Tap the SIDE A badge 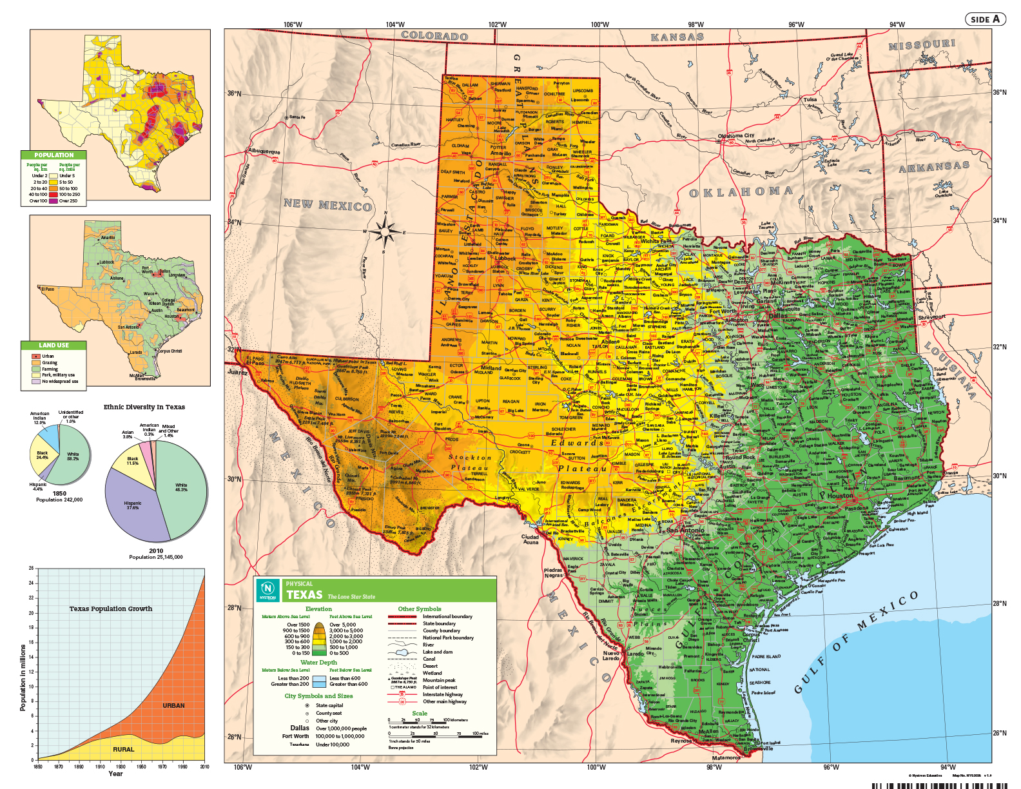coord(985,19)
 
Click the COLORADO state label coord(434,36)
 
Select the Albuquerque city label coord(264,152)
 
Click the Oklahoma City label coord(736,136)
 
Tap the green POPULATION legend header coord(53,155)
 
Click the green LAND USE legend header coord(53,345)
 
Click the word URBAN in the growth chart coord(173,705)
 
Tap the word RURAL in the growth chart coord(124,749)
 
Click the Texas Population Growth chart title coord(111,609)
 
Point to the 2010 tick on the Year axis coord(204,766)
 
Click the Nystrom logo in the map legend coord(267,590)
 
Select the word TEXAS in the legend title coord(304,595)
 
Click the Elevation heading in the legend coord(318,609)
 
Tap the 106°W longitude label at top coord(293,24)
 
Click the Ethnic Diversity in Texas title coord(144,407)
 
